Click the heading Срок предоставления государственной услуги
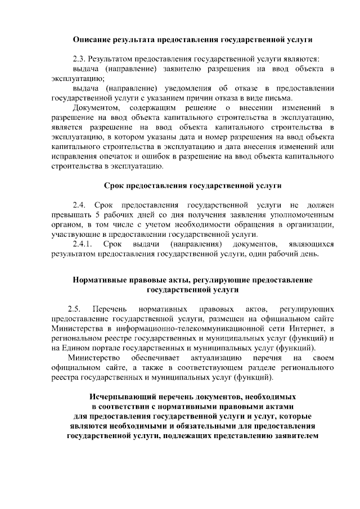193,185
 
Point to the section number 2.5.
74,309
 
